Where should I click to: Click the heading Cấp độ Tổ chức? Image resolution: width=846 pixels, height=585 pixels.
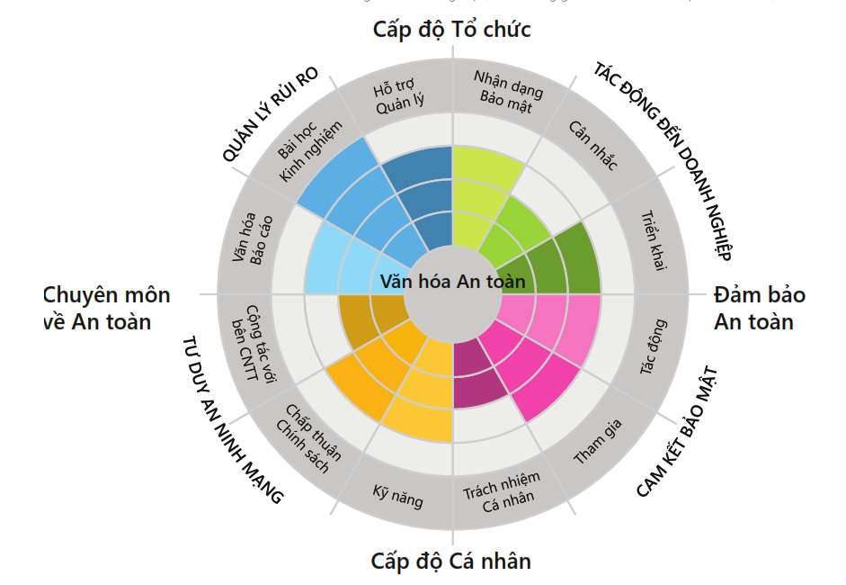(451, 30)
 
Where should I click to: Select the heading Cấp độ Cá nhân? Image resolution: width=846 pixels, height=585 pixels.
(451, 562)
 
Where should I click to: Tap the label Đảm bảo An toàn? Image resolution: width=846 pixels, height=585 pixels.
(760, 308)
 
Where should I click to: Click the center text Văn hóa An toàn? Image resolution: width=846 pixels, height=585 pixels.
(451, 282)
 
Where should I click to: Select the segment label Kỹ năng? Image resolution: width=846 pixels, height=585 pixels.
(397, 494)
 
